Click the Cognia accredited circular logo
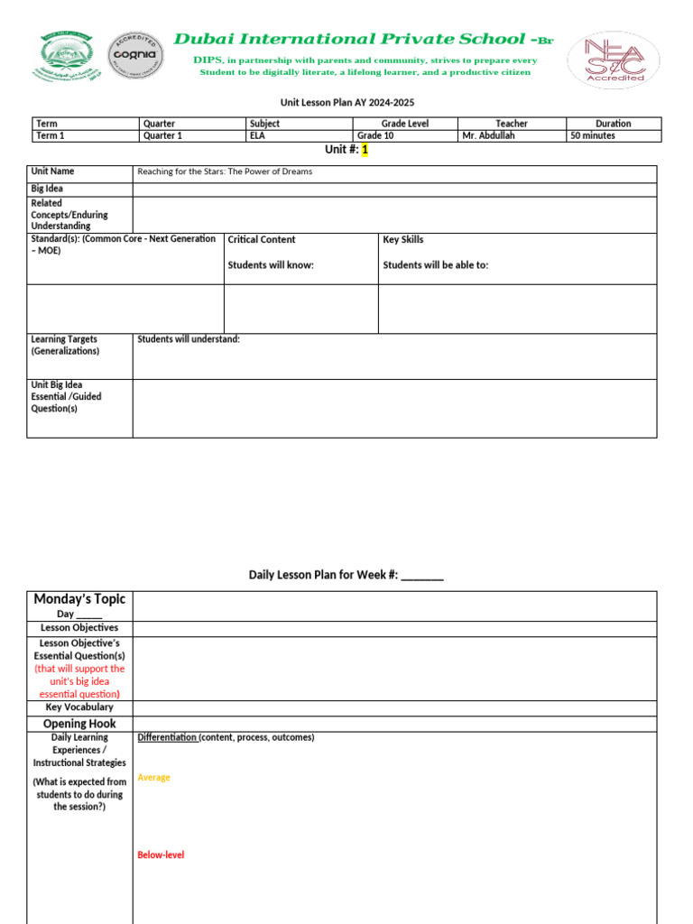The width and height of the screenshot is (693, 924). pyautogui.click(x=135, y=57)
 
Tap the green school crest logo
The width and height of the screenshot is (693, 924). pyautogui.click(x=65, y=58)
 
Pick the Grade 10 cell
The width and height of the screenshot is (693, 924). pyautogui.click(x=381, y=136)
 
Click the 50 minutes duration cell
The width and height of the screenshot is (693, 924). pyautogui.click(x=593, y=136)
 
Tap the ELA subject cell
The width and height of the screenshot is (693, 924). pyautogui.click(x=258, y=136)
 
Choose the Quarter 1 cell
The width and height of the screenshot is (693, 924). pyautogui.click(x=162, y=136)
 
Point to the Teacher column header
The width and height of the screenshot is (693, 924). pyautogui.click(x=512, y=124)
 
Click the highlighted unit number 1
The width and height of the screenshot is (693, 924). pyautogui.click(x=365, y=150)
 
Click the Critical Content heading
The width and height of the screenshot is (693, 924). pyautogui.click(x=262, y=240)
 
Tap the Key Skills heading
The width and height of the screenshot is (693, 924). pyautogui.click(x=403, y=240)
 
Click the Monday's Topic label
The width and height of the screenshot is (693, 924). pyautogui.click(x=79, y=599)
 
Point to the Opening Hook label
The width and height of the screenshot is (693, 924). pyautogui.click(x=79, y=724)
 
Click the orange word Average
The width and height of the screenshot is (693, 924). pyautogui.click(x=153, y=778)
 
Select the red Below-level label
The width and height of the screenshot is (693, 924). pyautogui.click(x=161, y=855)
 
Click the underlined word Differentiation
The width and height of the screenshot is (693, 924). pyautogui.click(x=166, y=738)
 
